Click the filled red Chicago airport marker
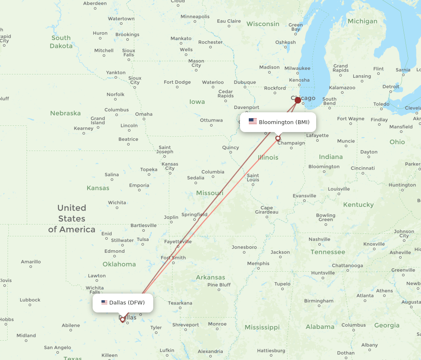pyautogui.click(x=298, y=100)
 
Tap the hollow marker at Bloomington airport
pyautogui.click(x=278, y=138)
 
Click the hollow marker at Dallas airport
pyautogui.click(x=123, y=320)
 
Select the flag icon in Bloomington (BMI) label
pyautogui.click(x=253, y=122)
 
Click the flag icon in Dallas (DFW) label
pyautogui.click(x=104, y=302)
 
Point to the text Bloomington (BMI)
pyautogui.click(x=284, y=122)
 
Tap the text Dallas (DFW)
pyautogui.click(x=127, y=302)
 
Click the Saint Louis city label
pyautogui.click(x=253, y=177)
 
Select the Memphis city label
pyautogui.click(x=258, y=263)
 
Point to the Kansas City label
pyautogui.click(x=170, y=166)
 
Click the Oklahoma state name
pyautogui.click(x=119, y=264)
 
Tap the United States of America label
pyautogui.click(x=72, y=218)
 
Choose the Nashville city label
pyautogui.click(x=319, y=239)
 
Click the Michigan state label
pyautogui.click(x=362, y=21)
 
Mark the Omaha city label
pyautogui.click(x=144, y=114)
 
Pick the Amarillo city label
pyautogui.click(x=31, y=262)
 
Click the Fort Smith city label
pyautogui.click(x=173, y=258)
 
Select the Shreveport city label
pyautogui.click(x=185, y=325)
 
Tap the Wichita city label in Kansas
pyautogui.click(x=117, y=202)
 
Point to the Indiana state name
pyautogui.click(x=330, y=156)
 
